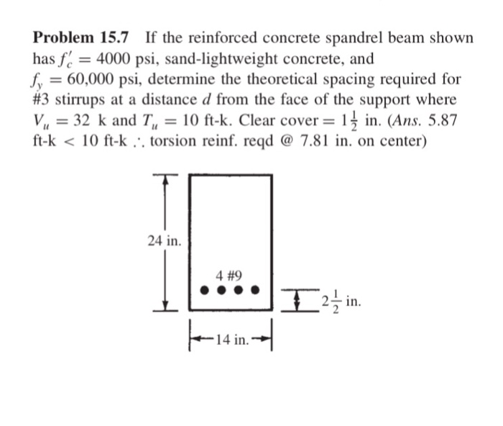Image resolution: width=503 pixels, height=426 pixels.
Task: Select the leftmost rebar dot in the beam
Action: point(204,292)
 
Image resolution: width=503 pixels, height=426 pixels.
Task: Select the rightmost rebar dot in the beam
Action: point(257,292)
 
